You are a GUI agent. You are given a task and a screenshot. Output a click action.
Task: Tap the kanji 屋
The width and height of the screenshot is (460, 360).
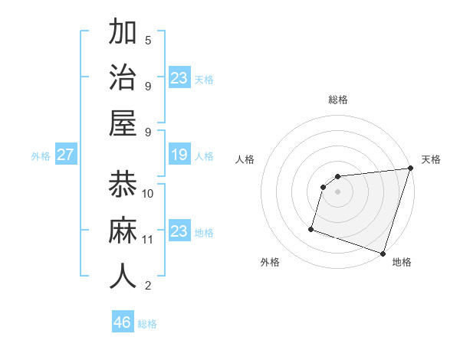(123, 122)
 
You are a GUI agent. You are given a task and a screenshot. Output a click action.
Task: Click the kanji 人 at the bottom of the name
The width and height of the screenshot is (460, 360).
(123, 276)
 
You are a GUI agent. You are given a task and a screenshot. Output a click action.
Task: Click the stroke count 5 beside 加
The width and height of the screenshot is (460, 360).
(148, 40)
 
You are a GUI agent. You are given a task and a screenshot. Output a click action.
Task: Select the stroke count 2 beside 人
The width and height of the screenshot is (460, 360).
(148, 286)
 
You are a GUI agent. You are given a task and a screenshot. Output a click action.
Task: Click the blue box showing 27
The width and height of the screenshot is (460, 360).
(65, 155)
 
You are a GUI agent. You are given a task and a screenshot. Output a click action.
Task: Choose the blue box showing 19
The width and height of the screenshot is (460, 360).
(179, 155)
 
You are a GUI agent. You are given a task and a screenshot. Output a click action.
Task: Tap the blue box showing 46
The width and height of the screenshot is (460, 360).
(123, 322)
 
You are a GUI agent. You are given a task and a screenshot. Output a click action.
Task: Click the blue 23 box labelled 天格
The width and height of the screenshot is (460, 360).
(179, 78)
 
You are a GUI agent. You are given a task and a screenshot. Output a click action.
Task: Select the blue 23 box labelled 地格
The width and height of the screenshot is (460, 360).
(179, 231)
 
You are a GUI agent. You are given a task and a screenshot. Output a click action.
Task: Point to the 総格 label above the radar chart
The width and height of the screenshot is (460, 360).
(337, 100)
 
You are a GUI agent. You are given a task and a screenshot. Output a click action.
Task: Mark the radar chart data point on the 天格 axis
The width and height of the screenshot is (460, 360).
(410, 169)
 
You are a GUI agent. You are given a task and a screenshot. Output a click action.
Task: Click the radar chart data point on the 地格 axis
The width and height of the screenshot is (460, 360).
(382, 253)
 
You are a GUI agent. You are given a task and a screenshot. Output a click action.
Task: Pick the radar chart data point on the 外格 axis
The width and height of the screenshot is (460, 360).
(311, 228)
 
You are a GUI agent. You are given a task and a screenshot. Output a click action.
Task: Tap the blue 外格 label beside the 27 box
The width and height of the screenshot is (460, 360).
(41, 155)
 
